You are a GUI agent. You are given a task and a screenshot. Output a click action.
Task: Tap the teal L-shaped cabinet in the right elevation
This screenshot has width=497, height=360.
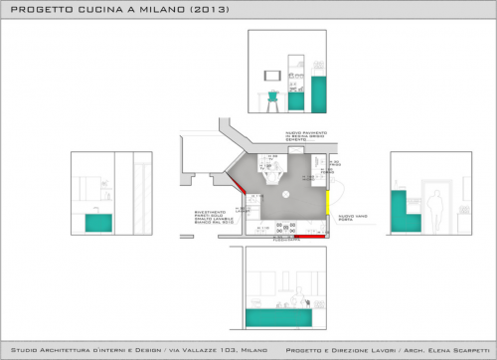tap(401, 210)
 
